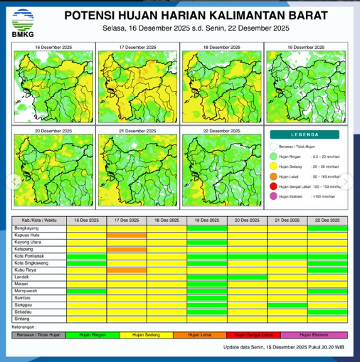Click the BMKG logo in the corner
(x=23, y=21)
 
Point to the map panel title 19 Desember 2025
(x=306, y=46)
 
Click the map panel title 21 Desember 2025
(x=137, y=132)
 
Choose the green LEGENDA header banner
(x=306, y=134)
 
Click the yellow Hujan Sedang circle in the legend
(x=274, y=164)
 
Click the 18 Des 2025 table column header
(x=166, y=221)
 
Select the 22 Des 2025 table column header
(x=327, y=221)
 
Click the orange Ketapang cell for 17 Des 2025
(x=127, y=249)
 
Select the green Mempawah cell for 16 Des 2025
(x=86, y=291)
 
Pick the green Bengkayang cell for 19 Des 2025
(x=207, y=228)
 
